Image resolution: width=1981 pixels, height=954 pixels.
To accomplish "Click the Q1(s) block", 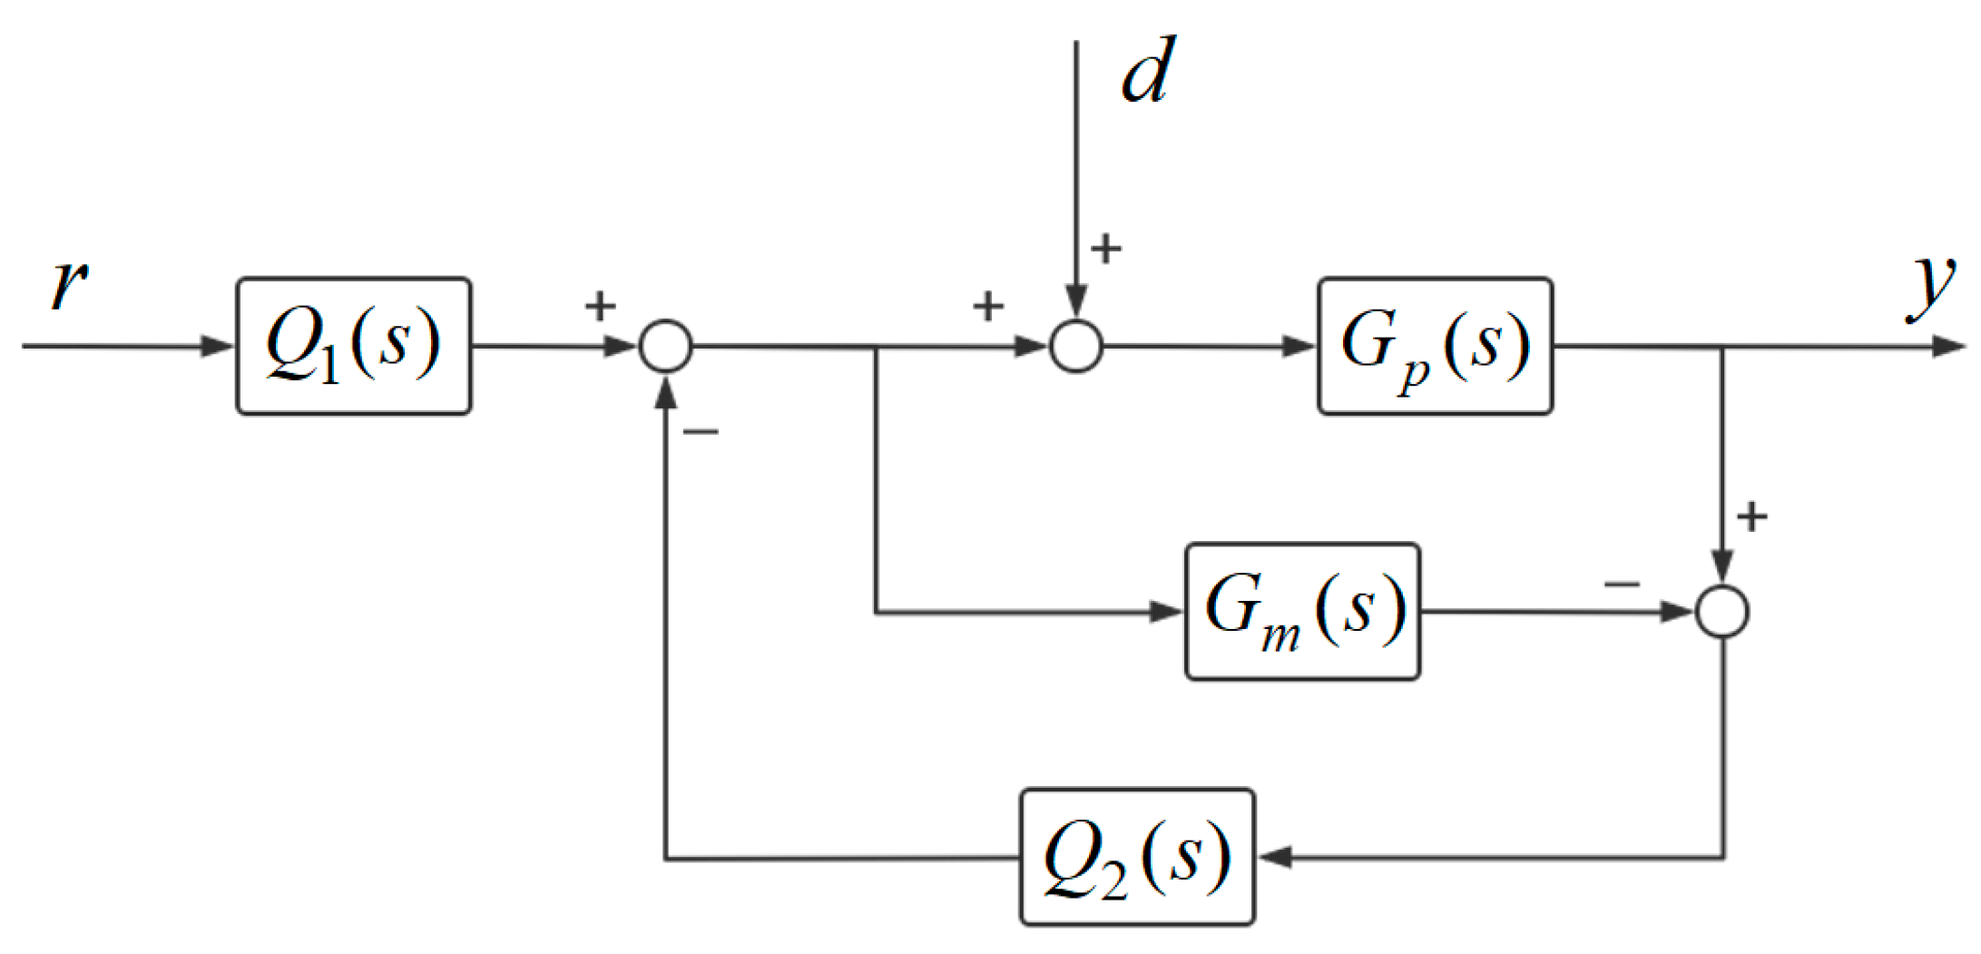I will (x=353, y=346).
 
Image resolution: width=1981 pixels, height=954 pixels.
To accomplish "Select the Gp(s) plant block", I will (x=1435, y=346).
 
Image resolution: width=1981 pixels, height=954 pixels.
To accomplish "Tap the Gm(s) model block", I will (x=1302, y=611).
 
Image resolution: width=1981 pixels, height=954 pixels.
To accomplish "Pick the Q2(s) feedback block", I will (x=1137, y=857).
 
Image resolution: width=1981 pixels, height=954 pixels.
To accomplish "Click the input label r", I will (x=69, y=283).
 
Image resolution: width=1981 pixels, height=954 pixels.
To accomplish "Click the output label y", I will (x=1931, y=285).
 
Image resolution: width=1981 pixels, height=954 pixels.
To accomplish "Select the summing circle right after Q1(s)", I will (x=666, y=346).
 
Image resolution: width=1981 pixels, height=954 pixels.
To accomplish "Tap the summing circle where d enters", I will (x=1076, y=346).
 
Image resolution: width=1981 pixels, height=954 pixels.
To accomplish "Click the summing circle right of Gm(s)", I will (x=1722, y=611).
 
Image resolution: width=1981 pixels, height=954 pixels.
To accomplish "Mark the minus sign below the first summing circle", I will (x=701, y=432).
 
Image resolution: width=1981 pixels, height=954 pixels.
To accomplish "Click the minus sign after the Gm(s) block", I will (x=1622, y=584).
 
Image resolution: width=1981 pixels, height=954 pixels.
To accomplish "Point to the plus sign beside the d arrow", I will (x=1106, y=249).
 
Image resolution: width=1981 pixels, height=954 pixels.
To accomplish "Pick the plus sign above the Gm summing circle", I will (x=1751, y=516).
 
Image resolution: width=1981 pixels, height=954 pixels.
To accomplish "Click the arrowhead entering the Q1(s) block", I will (x=218, y=346).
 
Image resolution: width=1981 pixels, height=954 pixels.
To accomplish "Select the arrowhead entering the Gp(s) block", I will (x=1299, y=346).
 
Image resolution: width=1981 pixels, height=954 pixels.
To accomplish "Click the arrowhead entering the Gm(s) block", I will (x=1167, y=611).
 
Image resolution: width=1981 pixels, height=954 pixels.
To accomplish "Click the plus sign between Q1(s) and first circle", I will (x=600, y=306).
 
